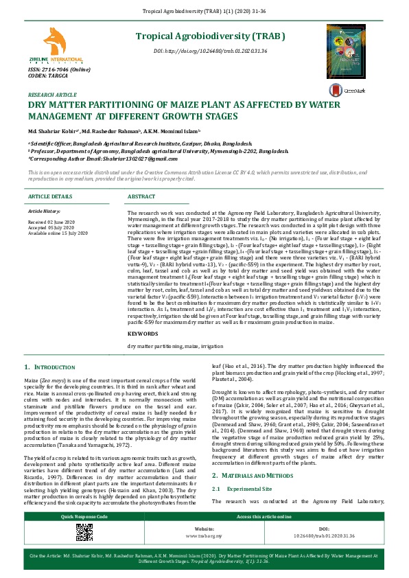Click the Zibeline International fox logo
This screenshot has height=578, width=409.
[53, 43]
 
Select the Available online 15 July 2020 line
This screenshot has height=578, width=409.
[58, 233]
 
